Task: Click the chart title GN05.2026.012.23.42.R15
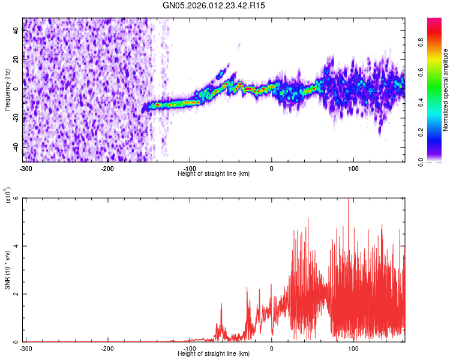214,5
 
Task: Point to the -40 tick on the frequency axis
16,147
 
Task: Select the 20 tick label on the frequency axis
17,59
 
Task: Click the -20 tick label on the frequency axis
16,118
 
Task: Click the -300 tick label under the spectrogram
26,169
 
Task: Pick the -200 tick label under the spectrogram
108,169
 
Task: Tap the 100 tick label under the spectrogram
353,169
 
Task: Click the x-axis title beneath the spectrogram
214,173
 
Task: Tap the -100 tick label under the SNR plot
190,349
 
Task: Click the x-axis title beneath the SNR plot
214,353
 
